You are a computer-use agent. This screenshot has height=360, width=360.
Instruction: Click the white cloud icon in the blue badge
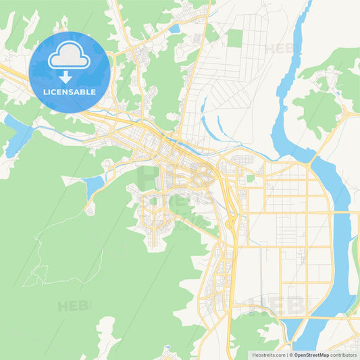pyautogui.click(x=69, y=56)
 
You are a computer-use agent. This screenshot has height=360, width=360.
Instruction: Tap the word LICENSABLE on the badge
pyautogui.click(x=69, y=91)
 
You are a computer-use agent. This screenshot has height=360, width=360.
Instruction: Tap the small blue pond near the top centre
pyautogui.click(x=174, y=29)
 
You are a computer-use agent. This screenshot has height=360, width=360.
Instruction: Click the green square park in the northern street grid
pyautogui.click(x=234, y=38)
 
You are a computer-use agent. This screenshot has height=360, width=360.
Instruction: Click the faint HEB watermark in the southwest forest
pyautogui.click(x=74, y=306)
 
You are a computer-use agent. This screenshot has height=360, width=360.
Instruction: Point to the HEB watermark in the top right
pyautogui.click(x=279, y=49)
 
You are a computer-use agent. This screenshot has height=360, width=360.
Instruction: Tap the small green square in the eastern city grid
pyautogui.click(x=251, y=178)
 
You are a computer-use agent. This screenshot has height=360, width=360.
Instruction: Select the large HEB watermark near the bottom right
pyautogui.click(x=277, y=305)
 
